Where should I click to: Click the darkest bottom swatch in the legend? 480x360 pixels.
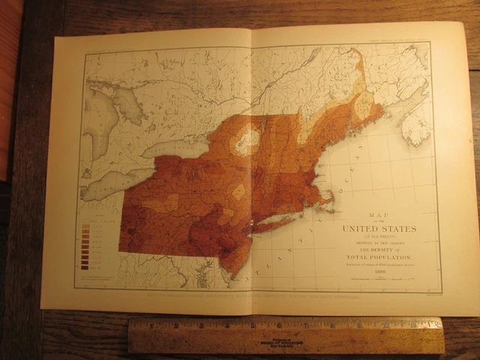tap(84, 265)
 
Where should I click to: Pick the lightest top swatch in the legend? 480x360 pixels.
tap(84, 224)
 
